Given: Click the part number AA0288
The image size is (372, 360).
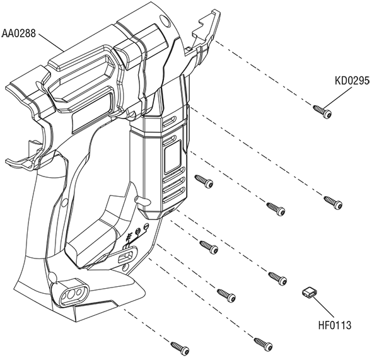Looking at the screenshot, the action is [18, 33].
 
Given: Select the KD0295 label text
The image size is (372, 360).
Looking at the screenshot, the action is [352, 81].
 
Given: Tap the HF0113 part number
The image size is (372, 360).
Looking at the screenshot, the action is [335, 325].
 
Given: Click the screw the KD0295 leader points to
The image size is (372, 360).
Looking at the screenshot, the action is [322, 112].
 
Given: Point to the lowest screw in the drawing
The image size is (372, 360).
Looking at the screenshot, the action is [180, 349].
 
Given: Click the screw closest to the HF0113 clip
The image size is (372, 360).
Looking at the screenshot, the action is [277, 279].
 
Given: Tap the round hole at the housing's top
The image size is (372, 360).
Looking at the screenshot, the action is [165, 21].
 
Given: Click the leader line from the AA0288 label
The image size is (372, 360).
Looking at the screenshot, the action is [51, 43].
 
